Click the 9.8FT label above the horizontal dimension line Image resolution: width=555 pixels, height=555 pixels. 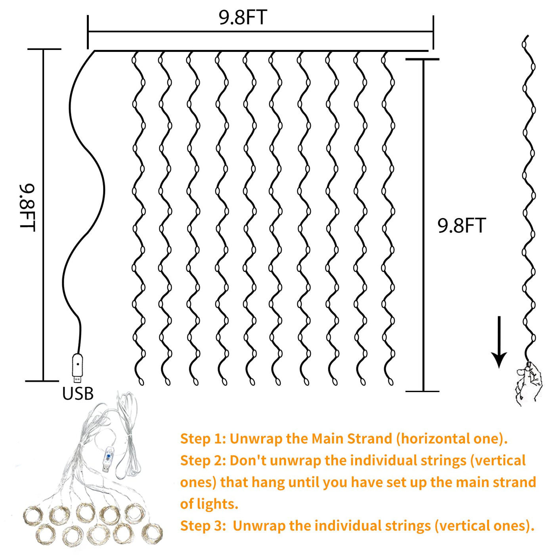tap(243, 17)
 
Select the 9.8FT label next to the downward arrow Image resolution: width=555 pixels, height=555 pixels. tap(462, 226)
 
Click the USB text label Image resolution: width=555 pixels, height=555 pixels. tap(78, 393)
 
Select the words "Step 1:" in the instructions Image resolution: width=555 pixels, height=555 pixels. tap(203, 439)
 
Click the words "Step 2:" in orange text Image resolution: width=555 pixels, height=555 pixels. tap(203, 461)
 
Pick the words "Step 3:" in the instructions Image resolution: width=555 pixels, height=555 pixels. tap(203, 526)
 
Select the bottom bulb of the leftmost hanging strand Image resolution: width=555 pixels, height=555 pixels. tap(141, 382)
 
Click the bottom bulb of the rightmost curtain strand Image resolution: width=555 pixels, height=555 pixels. tap(390, 382)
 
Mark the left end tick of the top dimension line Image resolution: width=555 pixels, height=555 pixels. tap(88, 32)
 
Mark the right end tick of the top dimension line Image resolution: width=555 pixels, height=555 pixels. tap(433, 32)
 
